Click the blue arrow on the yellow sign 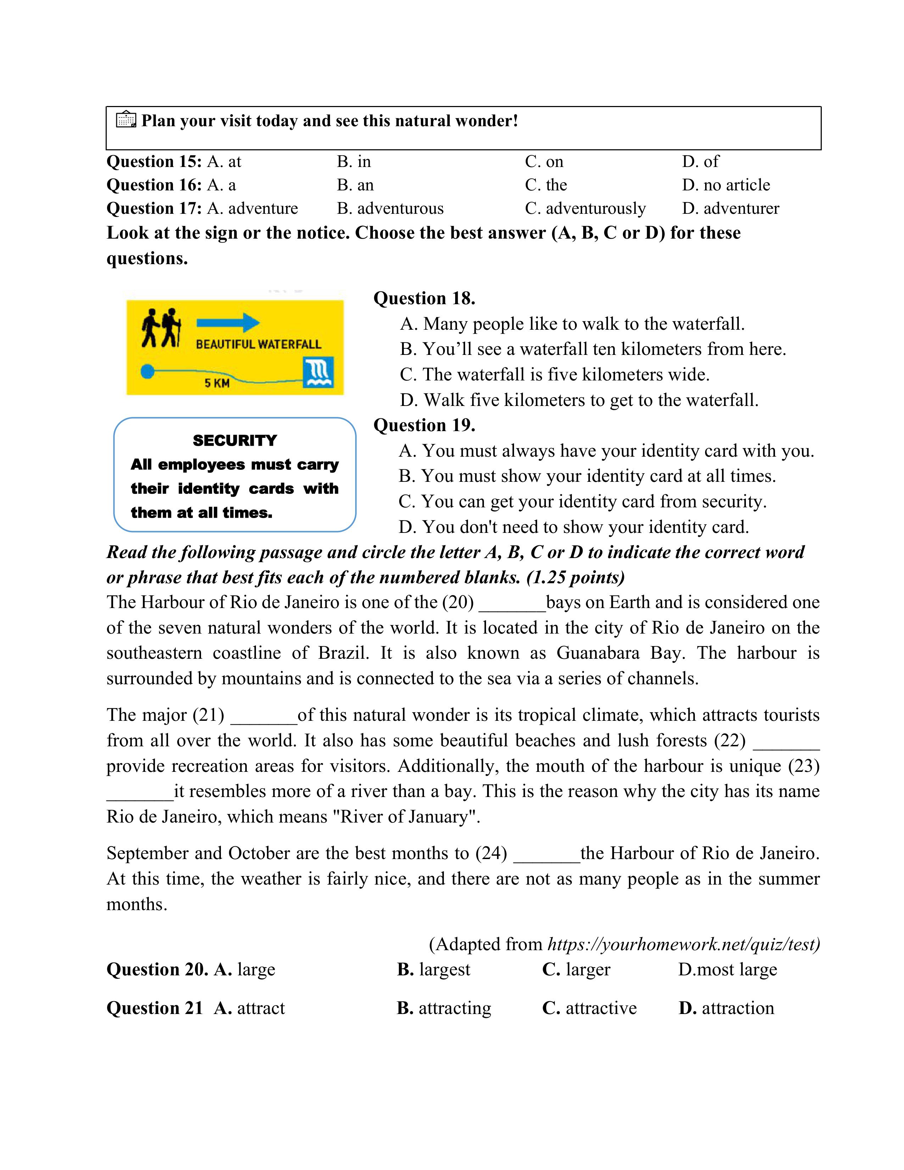pyautogui.click(x=228, y=323)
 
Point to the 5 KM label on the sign pyautogui.click(x=217, y=383)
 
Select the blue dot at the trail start pyautogui.click(x=147, y=371)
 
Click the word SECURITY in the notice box pyautogui.click(x=235, y=440)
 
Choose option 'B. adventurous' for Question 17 pyautogui.click(x=390, y=208)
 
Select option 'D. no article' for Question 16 pyautogui.click(x=726, y=185)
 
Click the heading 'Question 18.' pyautogui.click(x=424, y=299)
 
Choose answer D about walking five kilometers pyautogui.click(x=579, y=400)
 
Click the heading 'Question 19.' pyautogui.click(x=424, y=425)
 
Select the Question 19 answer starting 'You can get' pyautogui.click(x=583, y=501)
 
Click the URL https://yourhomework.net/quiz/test pyautogui.click(x=683, y=944)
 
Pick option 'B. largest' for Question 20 pyautogui.click(x=434, y=970)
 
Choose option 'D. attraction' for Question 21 pyautogui.click(x=726, y=1008)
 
